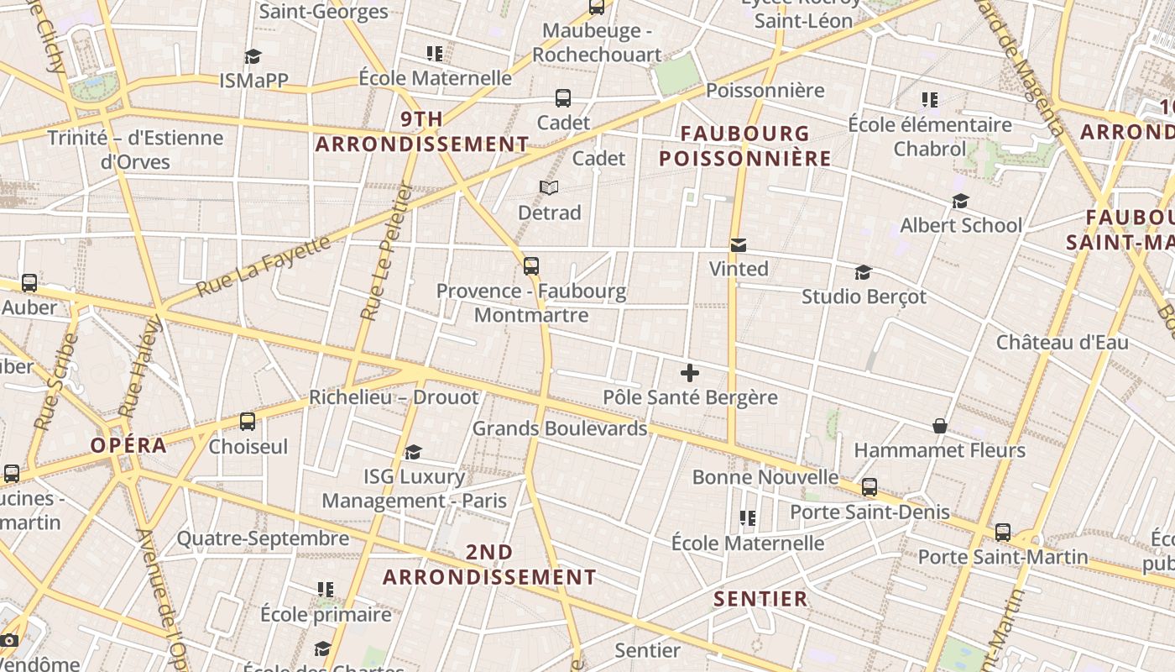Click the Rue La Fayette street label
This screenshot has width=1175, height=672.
264,266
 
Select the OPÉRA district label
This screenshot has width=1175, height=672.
129,445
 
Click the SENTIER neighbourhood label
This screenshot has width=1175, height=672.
760,599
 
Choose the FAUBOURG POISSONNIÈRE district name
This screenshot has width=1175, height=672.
745,145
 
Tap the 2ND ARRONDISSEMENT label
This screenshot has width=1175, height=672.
489,564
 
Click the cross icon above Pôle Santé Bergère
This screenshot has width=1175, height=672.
690,373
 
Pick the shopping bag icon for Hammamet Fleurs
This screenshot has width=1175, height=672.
940,426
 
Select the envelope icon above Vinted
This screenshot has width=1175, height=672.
739,245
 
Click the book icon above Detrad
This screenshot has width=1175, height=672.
549,187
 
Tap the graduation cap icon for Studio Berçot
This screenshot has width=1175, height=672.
863,272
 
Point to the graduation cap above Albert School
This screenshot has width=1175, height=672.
960,201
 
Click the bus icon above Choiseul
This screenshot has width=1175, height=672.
248,422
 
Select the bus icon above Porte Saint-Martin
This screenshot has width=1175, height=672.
1003,533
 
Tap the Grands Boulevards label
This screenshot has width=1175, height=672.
560,428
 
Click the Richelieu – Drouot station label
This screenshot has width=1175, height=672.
394,397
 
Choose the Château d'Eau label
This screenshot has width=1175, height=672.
1062,343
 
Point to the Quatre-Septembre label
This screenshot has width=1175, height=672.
263,538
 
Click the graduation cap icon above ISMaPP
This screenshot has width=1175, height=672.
253,56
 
